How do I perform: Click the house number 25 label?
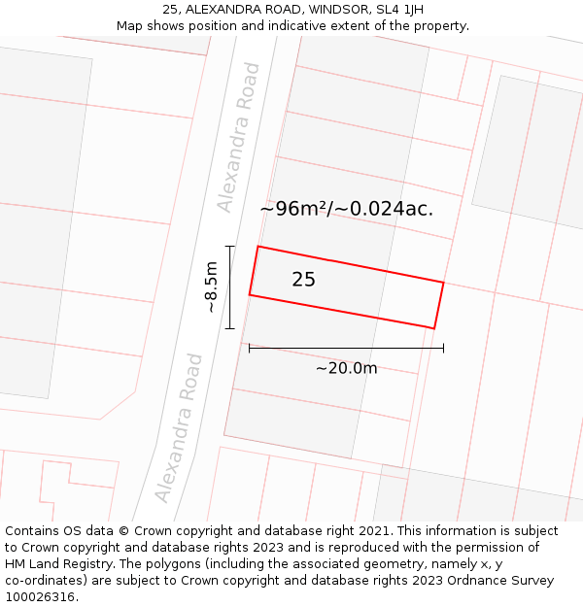(x=303, y=280)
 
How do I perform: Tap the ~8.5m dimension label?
(x=211, y=287)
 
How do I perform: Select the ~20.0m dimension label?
(x=346, y=368)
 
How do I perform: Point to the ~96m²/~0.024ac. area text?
(x=346, y=208)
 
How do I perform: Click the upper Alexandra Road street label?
(x=240, y=137)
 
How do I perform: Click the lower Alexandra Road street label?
(x=180, y=427)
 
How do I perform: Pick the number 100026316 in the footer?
(x=40, y=597)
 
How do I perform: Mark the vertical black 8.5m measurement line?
(x=230, y=287)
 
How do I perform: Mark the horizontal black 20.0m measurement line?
(x=346, y=347)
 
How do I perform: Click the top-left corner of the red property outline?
(x=257, y=247)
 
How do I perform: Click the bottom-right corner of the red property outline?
(x=433, y=328)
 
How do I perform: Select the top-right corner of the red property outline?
(x=443, y=283)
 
